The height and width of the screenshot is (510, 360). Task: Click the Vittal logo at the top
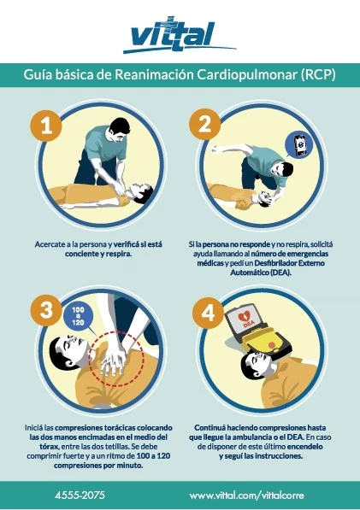point(180,35)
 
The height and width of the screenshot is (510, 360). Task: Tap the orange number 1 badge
point(46,126)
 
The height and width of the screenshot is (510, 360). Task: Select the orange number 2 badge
point(204,124)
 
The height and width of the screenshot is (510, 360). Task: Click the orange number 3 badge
point(46,310)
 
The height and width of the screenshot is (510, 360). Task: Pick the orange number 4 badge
point(208,313)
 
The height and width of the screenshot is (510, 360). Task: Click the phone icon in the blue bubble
point(299,144)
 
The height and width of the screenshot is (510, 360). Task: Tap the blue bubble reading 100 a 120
point(78,316)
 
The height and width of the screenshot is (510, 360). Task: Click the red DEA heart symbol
point(244,317)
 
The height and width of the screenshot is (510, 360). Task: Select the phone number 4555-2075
point(80,495)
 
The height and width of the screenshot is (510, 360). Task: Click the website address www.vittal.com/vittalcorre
point(247,495)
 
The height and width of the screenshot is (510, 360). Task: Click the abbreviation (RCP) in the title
point(318,75)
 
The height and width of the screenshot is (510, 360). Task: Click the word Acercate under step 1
point(49,244)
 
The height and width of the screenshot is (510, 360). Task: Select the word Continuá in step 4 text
point(210,427)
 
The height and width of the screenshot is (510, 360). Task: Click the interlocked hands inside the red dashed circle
point(113,358)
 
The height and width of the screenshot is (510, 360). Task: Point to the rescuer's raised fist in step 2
point(215,149)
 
